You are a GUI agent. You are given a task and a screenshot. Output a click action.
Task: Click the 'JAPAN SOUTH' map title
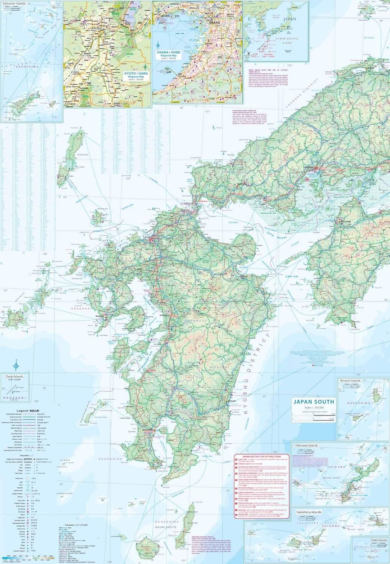tap(314, 402)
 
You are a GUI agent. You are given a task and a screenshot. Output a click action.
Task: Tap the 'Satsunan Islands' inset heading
tap(16, 3)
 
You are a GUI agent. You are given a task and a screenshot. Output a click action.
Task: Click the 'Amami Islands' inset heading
tap(350, 381)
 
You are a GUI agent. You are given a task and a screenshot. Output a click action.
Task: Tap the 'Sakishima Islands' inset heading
tap(308, 512)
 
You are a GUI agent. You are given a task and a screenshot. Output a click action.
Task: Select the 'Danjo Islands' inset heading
tap(14, 376)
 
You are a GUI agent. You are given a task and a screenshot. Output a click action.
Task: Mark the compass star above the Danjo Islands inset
tap(16, 364)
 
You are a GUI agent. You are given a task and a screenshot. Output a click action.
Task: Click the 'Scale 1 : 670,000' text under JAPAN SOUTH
tap(314, 408)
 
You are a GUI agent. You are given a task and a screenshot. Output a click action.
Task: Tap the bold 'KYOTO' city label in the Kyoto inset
tap(96, 28)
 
